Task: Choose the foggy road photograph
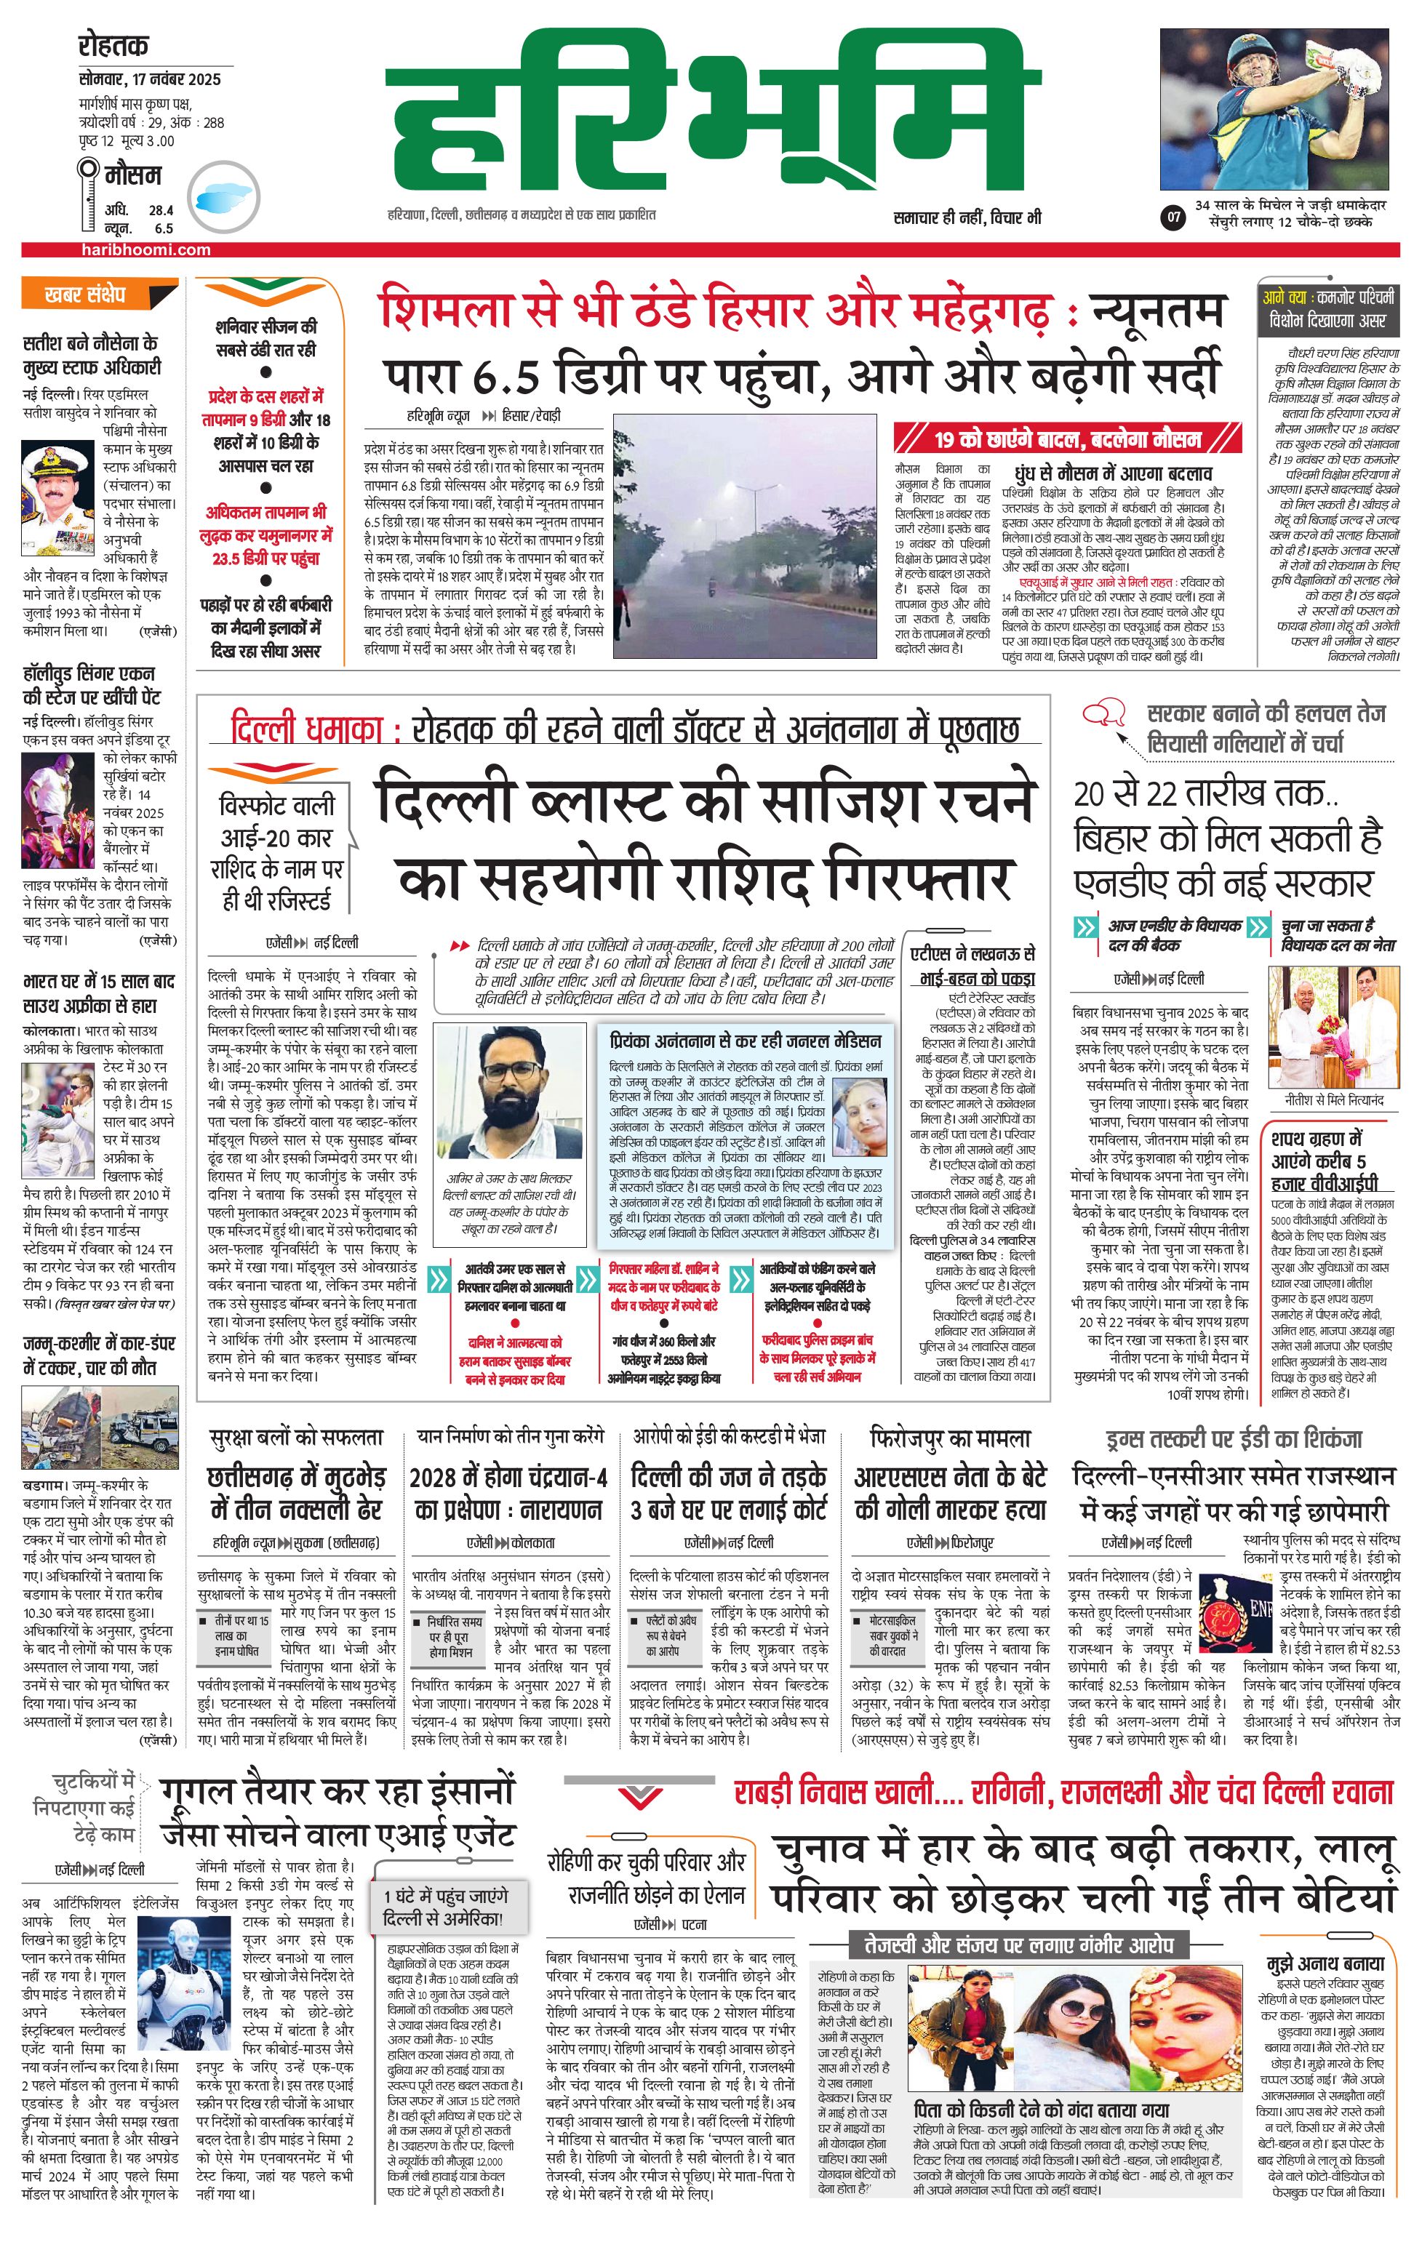745,537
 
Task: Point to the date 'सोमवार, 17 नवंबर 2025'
150,79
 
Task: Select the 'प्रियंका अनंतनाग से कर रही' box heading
745,1041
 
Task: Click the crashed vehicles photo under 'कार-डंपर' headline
100,1427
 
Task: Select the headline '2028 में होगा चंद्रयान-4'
508,1493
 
